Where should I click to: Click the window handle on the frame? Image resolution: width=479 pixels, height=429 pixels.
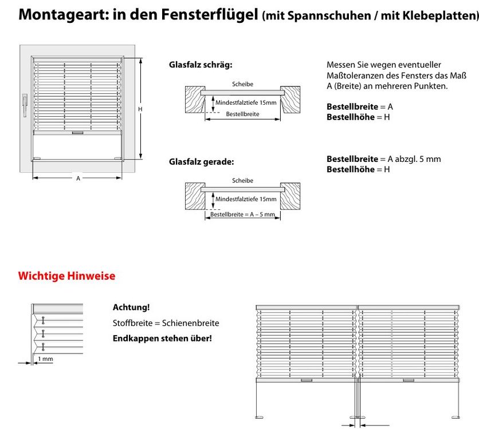(x=25, y=105)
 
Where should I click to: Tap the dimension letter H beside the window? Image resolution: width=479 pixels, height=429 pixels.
(x=140, y=109)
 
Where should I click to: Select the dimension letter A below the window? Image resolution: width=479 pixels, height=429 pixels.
(x=78, y=178)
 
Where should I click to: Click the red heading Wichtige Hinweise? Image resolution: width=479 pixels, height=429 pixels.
(x=66, y=276)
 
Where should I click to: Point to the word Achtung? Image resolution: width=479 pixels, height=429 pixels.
(x=131, y=307)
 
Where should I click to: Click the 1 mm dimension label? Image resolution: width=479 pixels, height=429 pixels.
(x=45, y=359)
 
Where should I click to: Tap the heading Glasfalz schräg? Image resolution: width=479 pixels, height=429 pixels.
(x=201, y=65)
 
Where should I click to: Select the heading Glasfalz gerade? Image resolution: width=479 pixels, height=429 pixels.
(x=202, y=162)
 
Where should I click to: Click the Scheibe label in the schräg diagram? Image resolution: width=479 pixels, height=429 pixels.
(x=242, y=84)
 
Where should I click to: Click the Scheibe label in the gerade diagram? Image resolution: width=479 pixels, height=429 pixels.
(x=242, y=181)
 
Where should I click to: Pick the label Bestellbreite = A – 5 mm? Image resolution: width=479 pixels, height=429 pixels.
(x=242, y=214)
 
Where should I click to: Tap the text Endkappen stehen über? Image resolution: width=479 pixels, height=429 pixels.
(x=162, y=339)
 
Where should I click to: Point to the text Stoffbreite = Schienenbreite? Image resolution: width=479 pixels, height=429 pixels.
(x=166, y=323)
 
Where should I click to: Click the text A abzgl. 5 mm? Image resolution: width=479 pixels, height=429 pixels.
(x=414, y=159)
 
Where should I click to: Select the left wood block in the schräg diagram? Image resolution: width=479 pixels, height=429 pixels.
(x=195, y=100)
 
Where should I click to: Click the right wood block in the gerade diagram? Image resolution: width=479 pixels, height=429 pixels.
(x=290, y=196)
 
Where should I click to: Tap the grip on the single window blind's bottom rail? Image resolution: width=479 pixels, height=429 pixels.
(x=77, y=133)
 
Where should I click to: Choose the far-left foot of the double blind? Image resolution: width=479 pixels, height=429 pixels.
(x=260, y=417)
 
